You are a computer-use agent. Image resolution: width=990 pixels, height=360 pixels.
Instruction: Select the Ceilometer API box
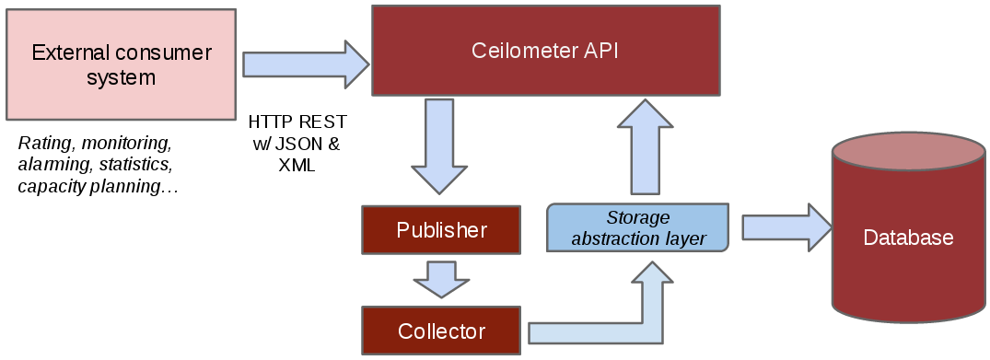[x=545, y=51]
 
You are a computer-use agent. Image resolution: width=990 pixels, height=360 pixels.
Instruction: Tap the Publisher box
[x=441, y=230]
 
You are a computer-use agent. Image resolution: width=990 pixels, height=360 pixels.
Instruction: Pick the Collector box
[x=441, y=331]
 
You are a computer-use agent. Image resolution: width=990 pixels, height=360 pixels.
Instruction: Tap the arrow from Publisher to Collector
[x=441, y=279]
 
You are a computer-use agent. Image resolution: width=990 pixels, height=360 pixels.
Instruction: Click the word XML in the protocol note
[x=297, y=167]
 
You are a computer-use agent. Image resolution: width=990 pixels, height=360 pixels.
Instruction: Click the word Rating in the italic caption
[x=41, y=144]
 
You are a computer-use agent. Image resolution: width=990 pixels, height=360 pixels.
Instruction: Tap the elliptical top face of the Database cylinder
[x=907, y=150]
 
